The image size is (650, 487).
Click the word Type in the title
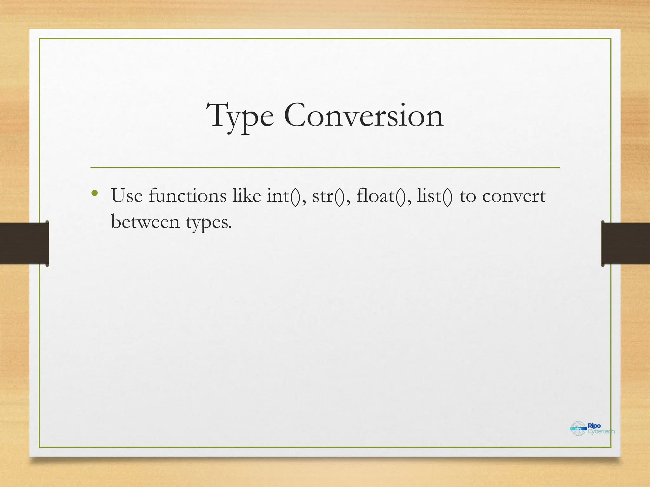pos(240,116)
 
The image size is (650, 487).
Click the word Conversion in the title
pos(363,116)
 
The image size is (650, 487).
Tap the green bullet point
pos(94,193)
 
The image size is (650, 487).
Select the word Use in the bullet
pos(127,196)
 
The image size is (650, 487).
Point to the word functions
pos(188,196)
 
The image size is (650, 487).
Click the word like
pos(247,196)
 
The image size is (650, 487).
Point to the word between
pos(145,222)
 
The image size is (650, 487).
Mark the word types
pos(209,223)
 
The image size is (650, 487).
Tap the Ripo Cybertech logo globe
pos(578,428)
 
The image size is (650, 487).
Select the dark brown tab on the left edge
pos(24,243)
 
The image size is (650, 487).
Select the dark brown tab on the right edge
pos(626,243)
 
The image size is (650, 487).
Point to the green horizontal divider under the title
pos(325,167)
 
